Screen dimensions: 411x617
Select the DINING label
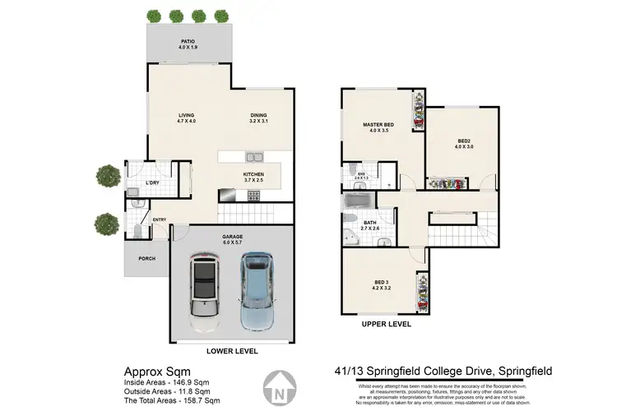(x=258, y=118)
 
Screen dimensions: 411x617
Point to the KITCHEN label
(x=253, y=177)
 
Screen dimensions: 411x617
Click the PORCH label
(x=146, y=259)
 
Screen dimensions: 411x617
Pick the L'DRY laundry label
(x=151, y=182)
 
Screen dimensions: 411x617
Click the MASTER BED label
(x=379, y=127)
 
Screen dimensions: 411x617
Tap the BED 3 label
(x=379, y=288)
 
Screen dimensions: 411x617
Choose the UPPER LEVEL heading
(x=387, y=325)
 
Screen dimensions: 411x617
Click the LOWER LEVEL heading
(x=231, y=351)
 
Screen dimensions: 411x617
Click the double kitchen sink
(x=253, y=156)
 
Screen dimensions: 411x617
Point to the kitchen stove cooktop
(x=254, y=196)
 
